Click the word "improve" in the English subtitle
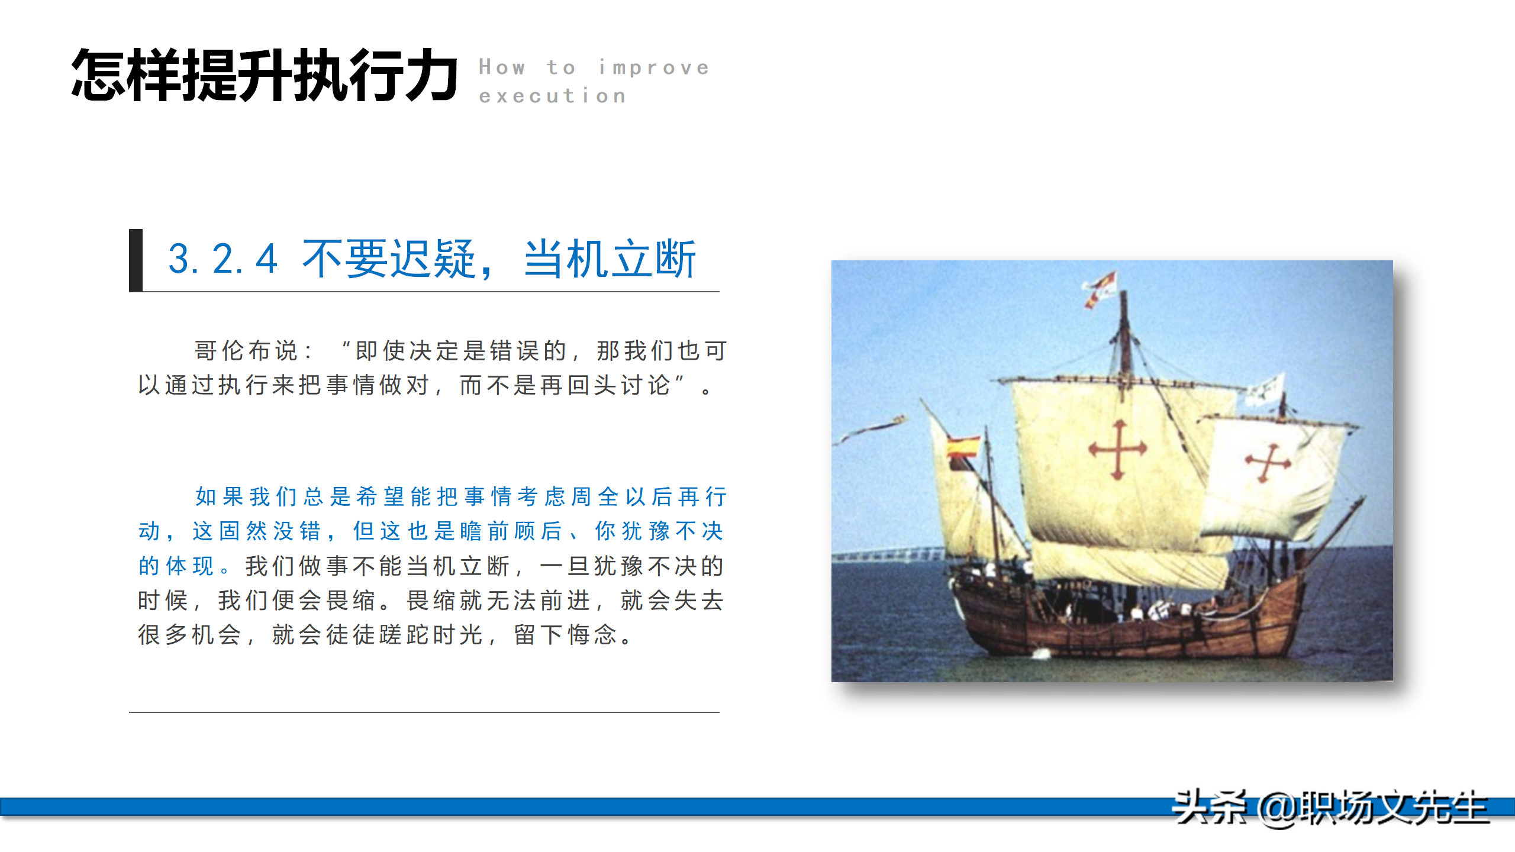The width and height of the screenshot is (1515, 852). point(653,67)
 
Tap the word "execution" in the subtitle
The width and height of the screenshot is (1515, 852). point(552,96)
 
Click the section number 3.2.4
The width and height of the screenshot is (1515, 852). point(223,259)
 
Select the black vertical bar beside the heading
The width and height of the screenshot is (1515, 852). point(136,260)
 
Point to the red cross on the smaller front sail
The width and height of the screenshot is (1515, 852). point(1267,461)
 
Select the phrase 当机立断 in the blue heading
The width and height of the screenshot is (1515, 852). point(610,259)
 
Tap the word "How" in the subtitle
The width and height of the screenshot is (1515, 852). point(502,67)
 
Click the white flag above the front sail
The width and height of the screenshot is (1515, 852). point(1265,389)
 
